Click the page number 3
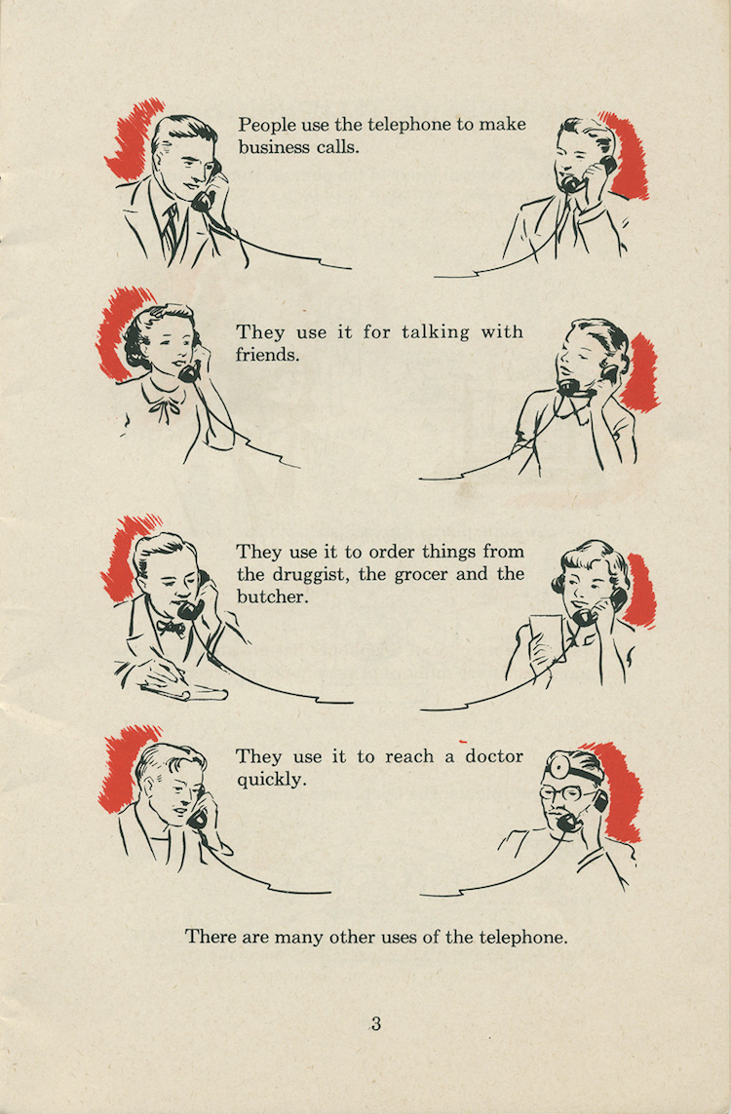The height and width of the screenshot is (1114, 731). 376,1023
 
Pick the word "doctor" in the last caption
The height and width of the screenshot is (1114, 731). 494,756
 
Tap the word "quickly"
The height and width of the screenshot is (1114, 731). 270,780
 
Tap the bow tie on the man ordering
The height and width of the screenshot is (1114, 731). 170,628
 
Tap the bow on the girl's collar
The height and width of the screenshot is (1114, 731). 162,410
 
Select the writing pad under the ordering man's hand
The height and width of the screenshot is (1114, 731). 184,690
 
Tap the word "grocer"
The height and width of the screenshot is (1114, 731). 422,575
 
